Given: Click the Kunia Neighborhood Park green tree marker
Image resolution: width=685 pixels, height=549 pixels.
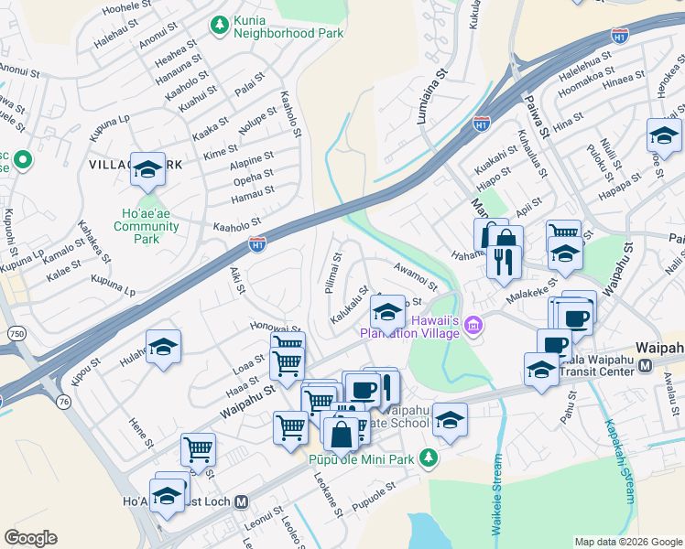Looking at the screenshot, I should click(219, 24).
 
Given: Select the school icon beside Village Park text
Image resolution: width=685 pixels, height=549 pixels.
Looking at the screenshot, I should click(147, 169).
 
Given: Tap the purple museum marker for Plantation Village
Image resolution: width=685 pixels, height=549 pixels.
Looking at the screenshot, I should click(473, 325).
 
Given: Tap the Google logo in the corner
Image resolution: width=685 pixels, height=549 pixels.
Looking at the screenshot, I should click(30, 538).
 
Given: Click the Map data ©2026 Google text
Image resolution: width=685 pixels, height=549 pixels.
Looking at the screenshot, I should click(627, 542).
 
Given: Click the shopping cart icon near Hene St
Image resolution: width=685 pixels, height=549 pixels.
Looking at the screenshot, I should click(198, 449).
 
